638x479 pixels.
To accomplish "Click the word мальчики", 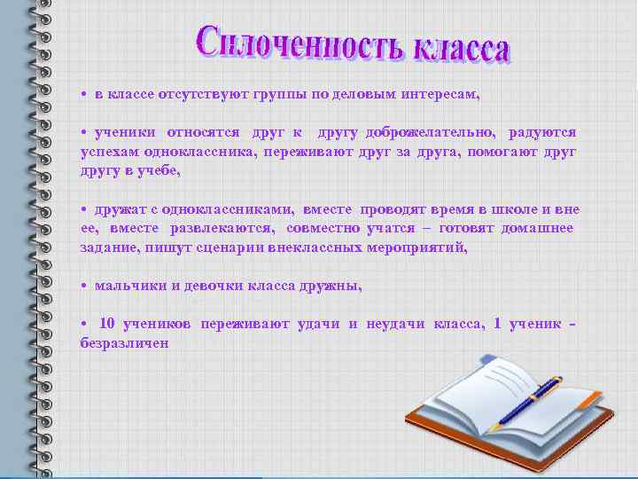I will click(131, 286).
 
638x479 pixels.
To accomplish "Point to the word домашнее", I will click(540, 228).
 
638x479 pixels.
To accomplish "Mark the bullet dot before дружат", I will click(82, 209).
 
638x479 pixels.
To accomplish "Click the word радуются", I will click(542, 132).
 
